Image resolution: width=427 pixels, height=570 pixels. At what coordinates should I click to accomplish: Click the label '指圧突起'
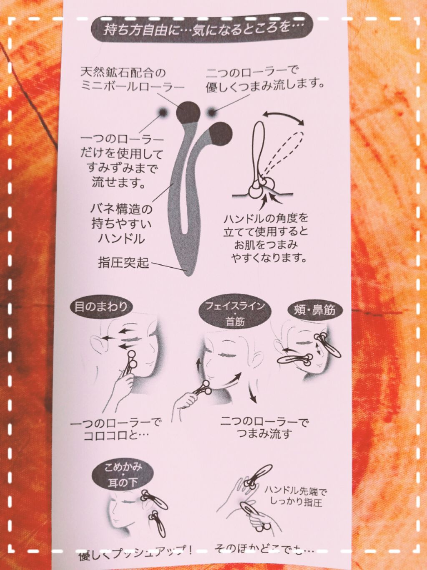(123, 263)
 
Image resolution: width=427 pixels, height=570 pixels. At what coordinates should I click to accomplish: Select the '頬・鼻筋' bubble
(312, 310)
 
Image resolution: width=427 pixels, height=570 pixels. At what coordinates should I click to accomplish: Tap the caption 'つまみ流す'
(264, 434)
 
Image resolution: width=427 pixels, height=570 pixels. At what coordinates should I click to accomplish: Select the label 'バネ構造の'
(121, 208)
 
